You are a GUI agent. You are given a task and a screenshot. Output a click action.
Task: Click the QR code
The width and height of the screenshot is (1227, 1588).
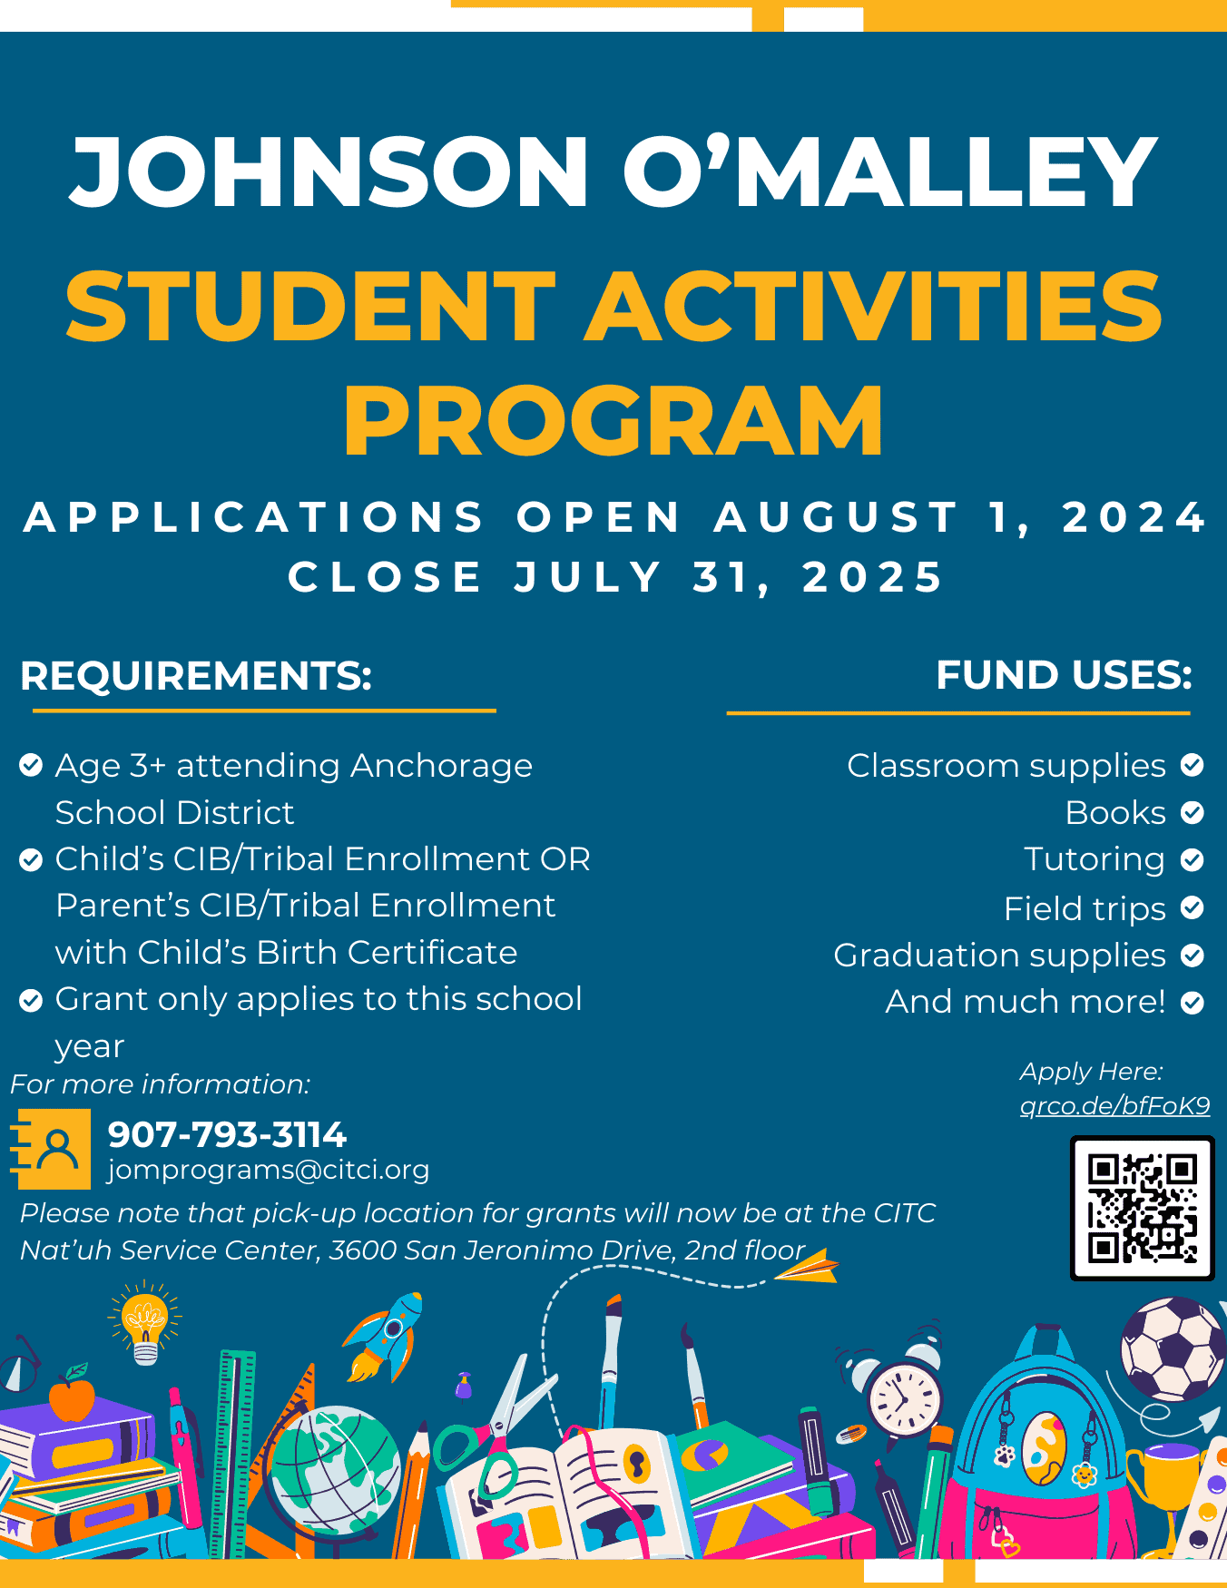tap(1142, 1208)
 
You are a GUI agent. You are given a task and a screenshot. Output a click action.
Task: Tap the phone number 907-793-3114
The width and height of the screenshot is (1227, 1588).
tap(227, 1134)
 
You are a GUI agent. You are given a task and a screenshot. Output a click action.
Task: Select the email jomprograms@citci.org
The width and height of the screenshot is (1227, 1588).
tap(269, 1170)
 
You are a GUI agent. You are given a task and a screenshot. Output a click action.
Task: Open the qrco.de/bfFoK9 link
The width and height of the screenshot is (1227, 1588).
tap(1114, 1105)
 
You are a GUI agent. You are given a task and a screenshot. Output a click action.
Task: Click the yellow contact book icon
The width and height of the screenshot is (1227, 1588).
tap(53, 1149)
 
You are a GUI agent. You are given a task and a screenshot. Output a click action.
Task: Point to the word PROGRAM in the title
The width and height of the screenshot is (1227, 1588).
tap(613, 421)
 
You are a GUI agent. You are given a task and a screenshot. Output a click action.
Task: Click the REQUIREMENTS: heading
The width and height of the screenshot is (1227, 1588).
tap(196, 676)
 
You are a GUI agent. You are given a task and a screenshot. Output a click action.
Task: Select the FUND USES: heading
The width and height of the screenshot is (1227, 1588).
tap(1064, 675)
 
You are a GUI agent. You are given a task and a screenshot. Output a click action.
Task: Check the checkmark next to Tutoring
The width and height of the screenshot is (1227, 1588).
tap(1193, 859)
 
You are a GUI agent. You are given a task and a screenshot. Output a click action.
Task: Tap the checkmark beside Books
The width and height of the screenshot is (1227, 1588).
tap(1193, 812)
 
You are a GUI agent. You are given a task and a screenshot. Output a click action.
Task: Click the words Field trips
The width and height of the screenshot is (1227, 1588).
tap(1085, 908)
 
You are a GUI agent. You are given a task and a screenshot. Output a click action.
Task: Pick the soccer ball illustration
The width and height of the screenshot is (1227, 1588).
tap(1173, 1348)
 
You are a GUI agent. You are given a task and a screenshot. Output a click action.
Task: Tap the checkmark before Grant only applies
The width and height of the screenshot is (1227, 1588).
tap(31, 1000)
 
